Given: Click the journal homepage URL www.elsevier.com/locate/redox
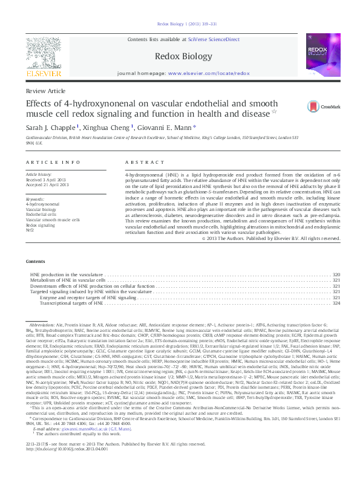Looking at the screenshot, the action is click(x=208, y=73).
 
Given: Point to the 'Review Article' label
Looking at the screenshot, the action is click(x=45, y=90).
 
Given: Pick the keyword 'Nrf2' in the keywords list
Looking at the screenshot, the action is click(x=30, y=230).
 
